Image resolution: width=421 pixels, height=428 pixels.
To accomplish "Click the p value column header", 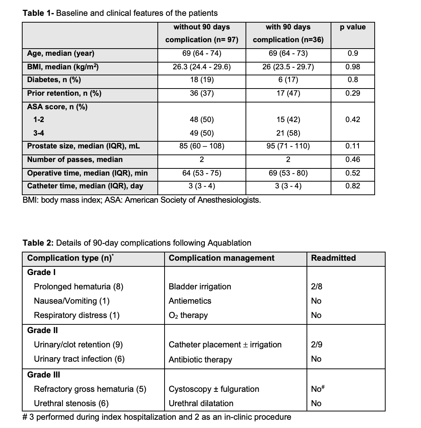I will pos(352,27).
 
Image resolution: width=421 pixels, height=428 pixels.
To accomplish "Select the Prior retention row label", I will pos(64,93).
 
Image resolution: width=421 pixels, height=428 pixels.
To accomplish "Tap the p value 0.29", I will pos(352,93).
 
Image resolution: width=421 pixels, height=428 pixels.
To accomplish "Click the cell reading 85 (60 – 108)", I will pos(201,146).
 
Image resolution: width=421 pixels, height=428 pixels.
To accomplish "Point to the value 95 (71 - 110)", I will pos(288,146).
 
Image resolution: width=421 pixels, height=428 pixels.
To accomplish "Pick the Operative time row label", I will pos(87,173).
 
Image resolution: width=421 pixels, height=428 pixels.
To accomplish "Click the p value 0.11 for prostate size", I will pos(352,146).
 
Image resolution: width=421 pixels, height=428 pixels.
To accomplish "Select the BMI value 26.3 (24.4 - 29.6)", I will pos(201,67).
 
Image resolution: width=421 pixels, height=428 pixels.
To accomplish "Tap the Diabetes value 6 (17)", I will pos(288,80).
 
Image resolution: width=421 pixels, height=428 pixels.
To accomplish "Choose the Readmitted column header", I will pos(333,258).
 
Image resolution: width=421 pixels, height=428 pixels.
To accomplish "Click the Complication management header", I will pos(221,258).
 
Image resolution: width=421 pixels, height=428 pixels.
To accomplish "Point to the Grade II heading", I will pos(43,330).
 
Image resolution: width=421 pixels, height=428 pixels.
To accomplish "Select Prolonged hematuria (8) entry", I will pos(79,287).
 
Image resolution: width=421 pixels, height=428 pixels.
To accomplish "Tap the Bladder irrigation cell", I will pos(200,287).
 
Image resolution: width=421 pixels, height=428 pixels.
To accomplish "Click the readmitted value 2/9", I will pos(317,345).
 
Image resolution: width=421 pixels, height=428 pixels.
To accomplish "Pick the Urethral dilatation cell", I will pos(201,404).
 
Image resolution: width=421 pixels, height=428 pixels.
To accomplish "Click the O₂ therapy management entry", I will pos(188,315).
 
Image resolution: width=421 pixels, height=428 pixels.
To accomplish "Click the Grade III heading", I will pos(44,375).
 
